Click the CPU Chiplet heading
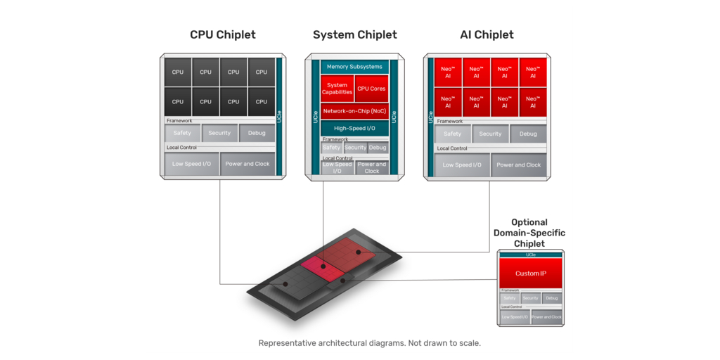pyautogui.click(x=222, y=34)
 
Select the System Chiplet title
pyautogui.click(x=354, y=34)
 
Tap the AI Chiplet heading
pyautogui.click(x=487, y=34)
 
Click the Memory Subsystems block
pyautogui.click(x=354, y=67)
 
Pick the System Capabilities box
pyautogui.click(x=337, y=89)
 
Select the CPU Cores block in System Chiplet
pyautogui.click(x=371, y=89)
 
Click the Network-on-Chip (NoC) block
pyautogui.click(x=354, y=111)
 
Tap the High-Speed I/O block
pyautogui.click(x=354, y=128)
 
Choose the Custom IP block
pyautogui.click(x=530, y=273)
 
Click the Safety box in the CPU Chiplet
pyautogui.click(x=182, y=133)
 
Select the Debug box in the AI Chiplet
pyautogui.click(x=528, y=134)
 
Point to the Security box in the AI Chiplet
pyautogui.click(x=490, y=134)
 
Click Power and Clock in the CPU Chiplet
pyautogui.click(x=247, y=164)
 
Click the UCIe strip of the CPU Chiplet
pyautogui.click(x=279, y=116)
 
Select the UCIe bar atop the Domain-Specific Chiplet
pyautogui.click(x=531, y=255)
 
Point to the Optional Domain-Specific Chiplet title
pyautogui.click(x=529, y=233)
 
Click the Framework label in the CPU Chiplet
pyautogui.click(x=179, y=121)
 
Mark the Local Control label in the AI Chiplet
pyautogui.click(x=452, y=148)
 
